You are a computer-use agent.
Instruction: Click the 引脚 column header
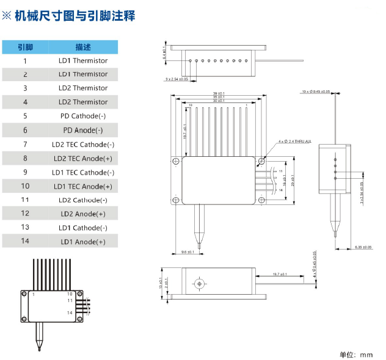[25, 47]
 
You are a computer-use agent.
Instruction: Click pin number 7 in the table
[25, 144]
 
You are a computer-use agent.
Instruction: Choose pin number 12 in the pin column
[25, 214]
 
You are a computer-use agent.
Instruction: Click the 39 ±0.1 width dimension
[219, 93]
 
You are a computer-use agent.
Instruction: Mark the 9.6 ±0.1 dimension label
[188, 251]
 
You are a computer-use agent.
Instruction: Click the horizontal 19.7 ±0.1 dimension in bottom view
[281, 275]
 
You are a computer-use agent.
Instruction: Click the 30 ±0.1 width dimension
[219, 101]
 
